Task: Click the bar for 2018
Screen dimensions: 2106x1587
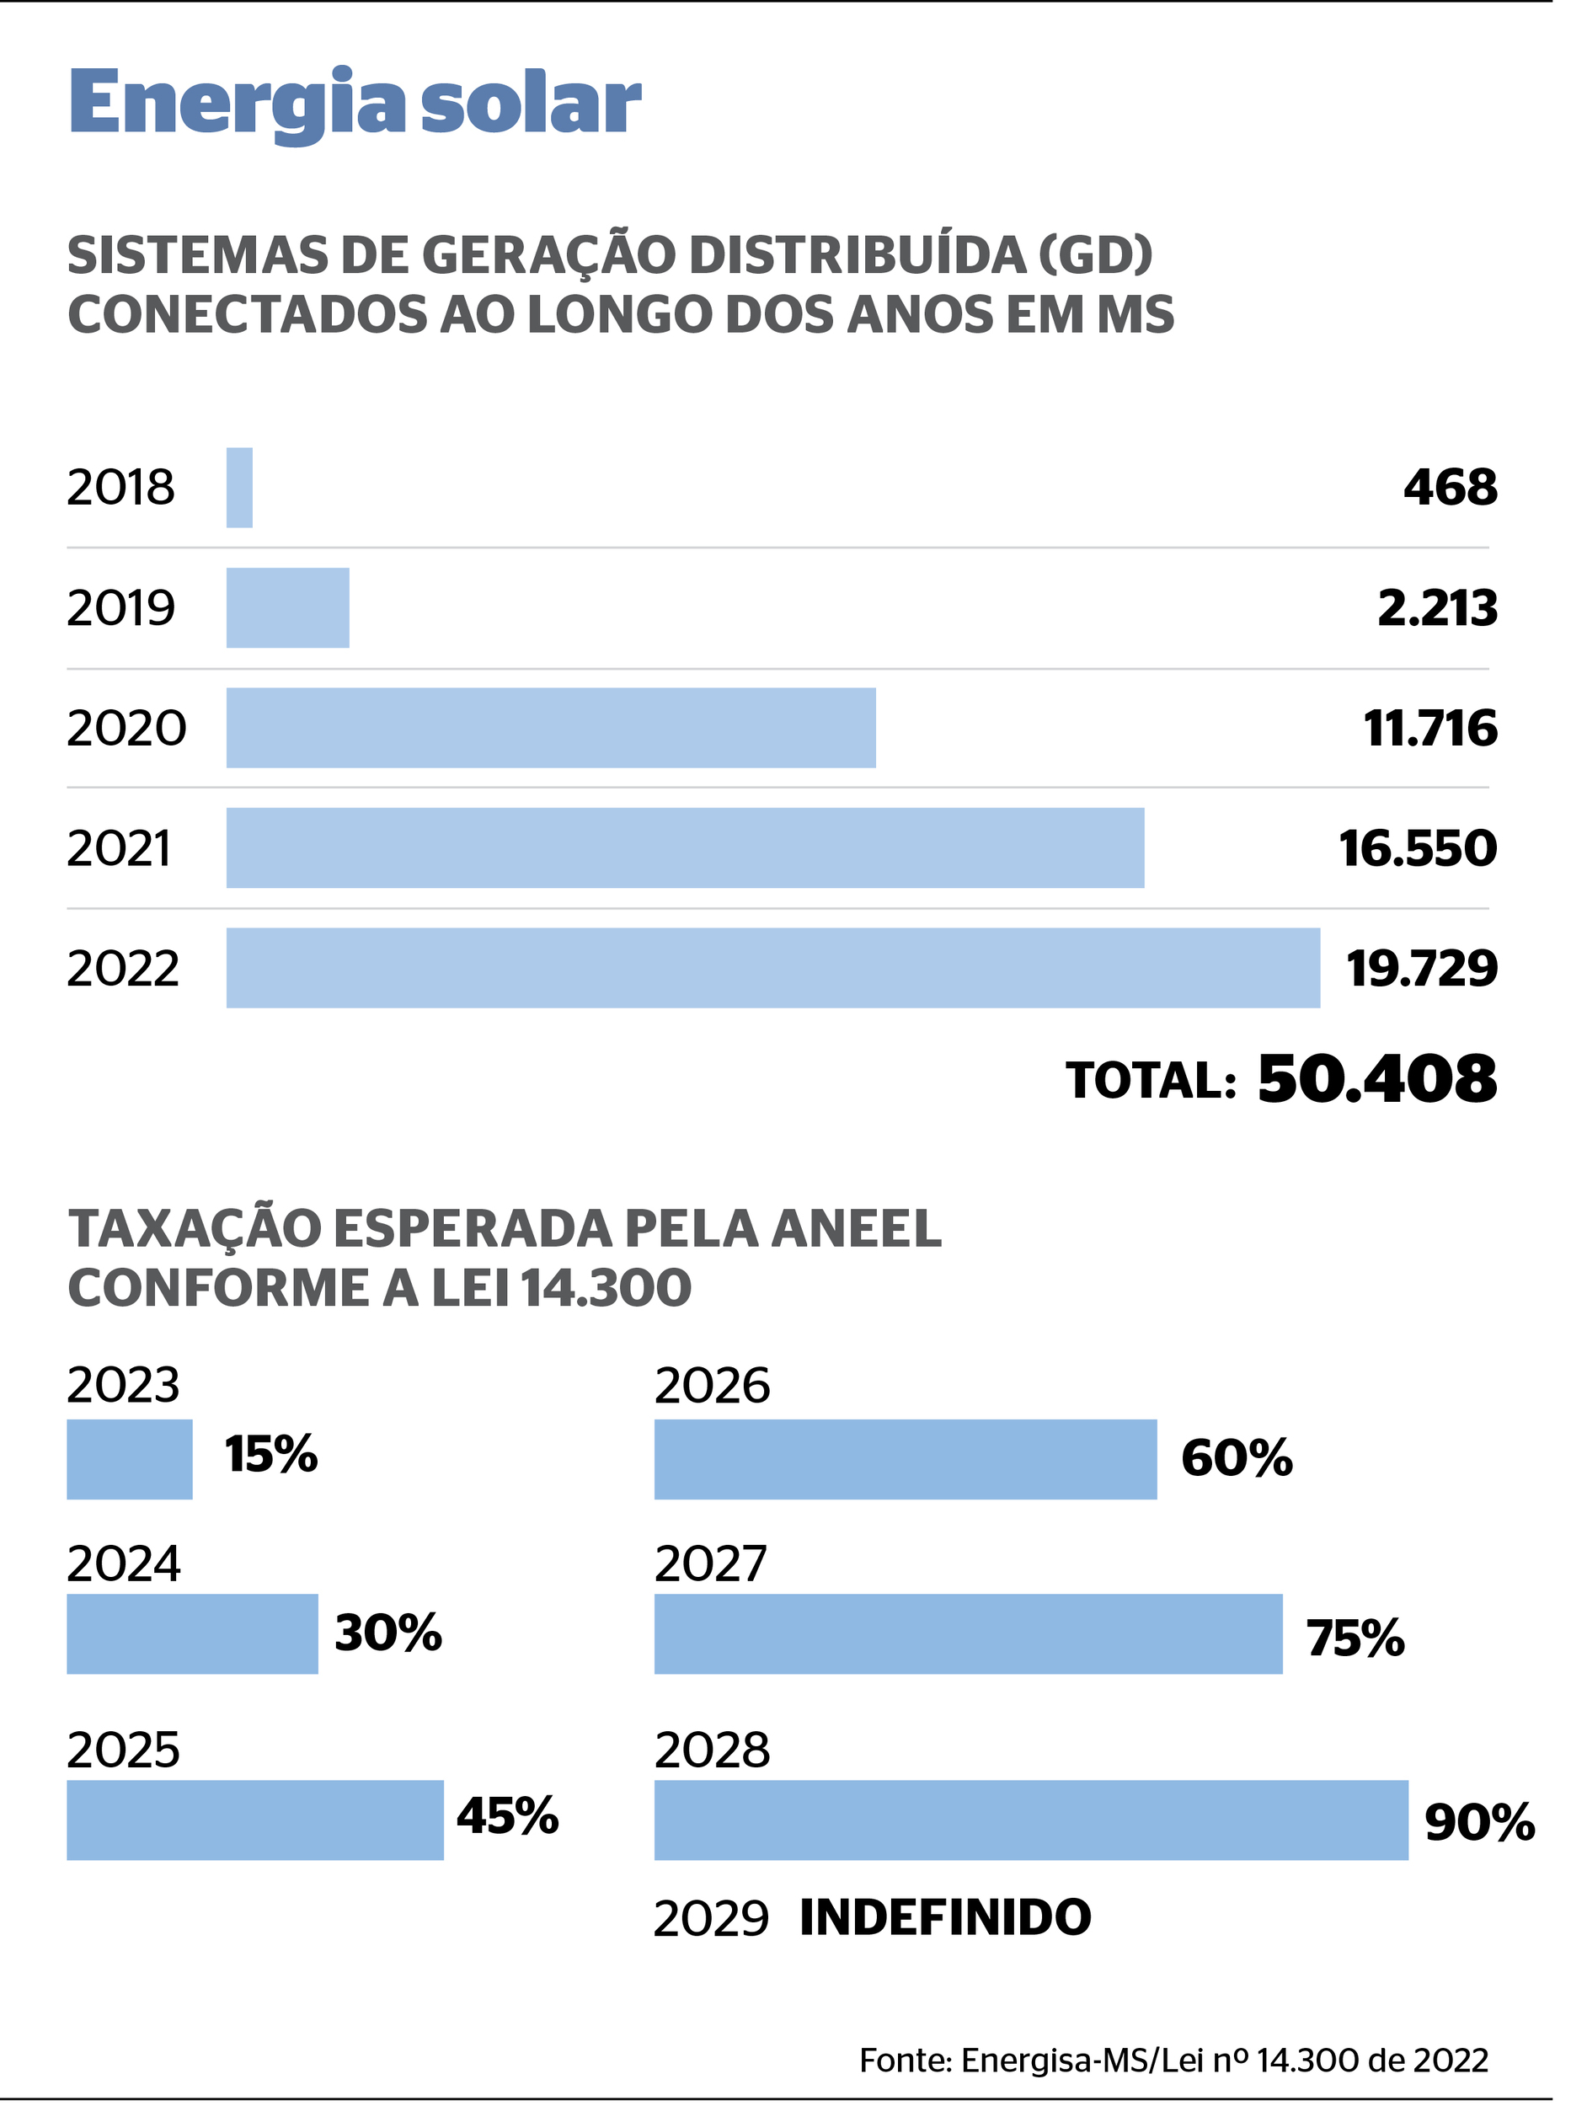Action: tap(240, 488)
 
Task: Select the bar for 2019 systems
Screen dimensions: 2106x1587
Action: tap(287, 608)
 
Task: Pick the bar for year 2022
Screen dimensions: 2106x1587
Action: tap(773, 968)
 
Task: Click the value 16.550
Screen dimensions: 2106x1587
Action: tap(1418, 848)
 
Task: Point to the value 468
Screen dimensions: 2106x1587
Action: tap(1450, 488)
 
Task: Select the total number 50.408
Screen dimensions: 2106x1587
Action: tap(1376, 1080)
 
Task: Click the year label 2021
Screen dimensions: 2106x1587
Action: tap(119, 848)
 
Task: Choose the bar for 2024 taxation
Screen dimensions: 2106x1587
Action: tap(192, 1633)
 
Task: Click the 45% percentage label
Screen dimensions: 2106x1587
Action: tap(506, 1815)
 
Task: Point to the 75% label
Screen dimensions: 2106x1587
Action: tap(1355, 1638)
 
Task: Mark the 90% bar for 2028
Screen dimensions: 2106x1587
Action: tap(1031, 1820)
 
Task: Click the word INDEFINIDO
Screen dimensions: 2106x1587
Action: tap(945, 1917)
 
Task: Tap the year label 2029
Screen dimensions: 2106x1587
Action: tap(711, 1919)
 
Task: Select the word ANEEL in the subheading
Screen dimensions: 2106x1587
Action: tap(856, 1228)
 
